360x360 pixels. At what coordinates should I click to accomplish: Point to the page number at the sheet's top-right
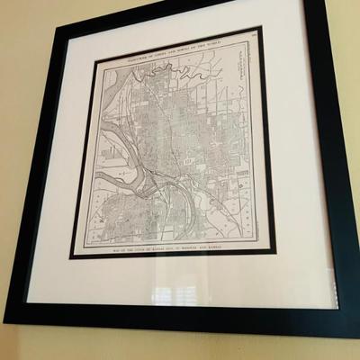click(254, 35)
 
